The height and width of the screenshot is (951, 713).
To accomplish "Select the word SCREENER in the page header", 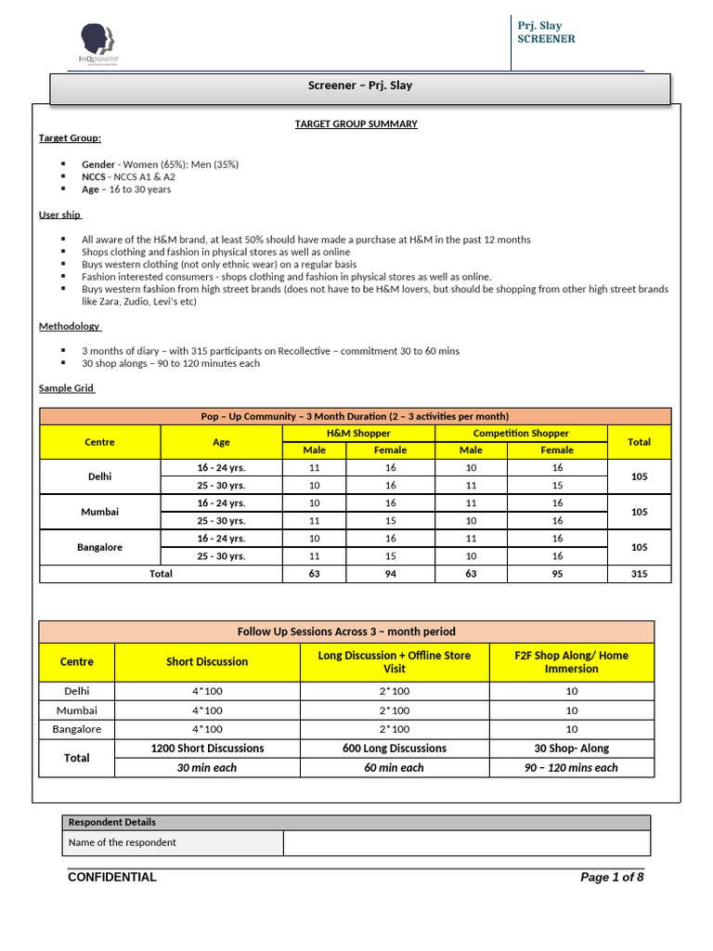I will tap(546, 39).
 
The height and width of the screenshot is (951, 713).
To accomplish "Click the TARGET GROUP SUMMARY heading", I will tap(356, 124).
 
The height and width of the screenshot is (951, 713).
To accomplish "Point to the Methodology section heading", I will tap(70, 326).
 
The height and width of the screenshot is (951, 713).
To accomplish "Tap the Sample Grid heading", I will tap(67, 388).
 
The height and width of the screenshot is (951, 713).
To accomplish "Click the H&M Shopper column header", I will tap(358, 433).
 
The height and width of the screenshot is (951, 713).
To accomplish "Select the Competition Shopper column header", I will tap(521, 433).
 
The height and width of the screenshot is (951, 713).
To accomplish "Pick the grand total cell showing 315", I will tap(639, 574).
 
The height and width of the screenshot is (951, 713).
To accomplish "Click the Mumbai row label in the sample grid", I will tap(100, 512).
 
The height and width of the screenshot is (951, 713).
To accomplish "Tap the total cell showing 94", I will tap(390, 574).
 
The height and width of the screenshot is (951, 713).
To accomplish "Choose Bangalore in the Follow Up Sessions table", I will tap(77, 729).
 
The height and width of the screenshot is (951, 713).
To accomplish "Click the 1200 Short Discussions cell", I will tap(207, 749).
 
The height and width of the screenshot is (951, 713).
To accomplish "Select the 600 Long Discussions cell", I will tap(395, 749).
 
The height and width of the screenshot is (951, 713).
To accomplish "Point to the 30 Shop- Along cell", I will tap(572, 749).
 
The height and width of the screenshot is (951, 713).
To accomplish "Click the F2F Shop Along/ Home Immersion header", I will tap(572, 661).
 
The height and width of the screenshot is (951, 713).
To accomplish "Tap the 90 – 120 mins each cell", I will tap(572, 768).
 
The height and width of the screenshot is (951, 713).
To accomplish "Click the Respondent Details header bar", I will tap(356, 822).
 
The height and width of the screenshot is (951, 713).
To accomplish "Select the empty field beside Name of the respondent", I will tap(466, 842).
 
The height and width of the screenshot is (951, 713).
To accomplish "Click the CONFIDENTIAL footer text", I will tap(112, 878).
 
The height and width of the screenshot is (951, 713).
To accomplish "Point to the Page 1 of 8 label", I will tap(611, 878).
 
